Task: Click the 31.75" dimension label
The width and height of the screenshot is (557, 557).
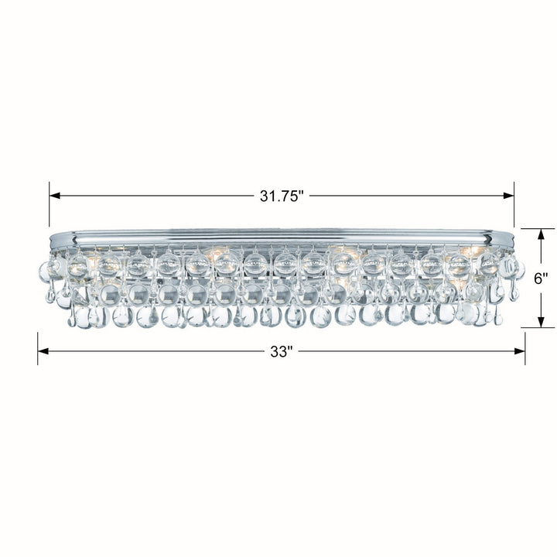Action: tap(282, 196)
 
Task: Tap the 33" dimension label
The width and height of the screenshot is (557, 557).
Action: tap(282, 351)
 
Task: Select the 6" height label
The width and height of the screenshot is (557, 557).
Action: tap(542, 279)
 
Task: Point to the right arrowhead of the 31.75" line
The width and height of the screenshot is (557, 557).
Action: tap(508, 196)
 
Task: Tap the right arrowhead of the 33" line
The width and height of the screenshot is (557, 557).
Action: tap(519, 351)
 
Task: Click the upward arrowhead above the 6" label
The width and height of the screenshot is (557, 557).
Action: tap(541, 234)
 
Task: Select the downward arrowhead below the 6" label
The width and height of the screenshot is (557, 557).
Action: tap(541, 322)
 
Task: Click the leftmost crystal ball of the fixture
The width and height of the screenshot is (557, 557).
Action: tap(45, 271)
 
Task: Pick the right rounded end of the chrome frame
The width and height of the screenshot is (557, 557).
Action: tap(509, 234)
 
